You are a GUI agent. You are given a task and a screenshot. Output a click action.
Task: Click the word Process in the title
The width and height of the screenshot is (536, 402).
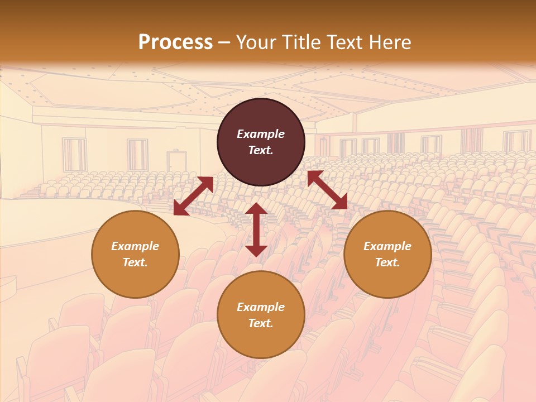pyautogui.click(x=175, y=42)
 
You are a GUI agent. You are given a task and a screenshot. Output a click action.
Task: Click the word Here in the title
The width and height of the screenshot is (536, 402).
pyautogui.click(x=390, y=42)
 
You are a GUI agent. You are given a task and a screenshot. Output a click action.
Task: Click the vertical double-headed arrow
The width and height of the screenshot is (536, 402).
pyautogui.click(x=256, y=229)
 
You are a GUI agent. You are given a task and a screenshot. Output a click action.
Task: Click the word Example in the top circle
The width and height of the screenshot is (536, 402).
pyautogui.click(x=261, y=134)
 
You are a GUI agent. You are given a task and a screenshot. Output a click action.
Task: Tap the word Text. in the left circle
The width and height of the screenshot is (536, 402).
pyautogui.click(x=135, y=262)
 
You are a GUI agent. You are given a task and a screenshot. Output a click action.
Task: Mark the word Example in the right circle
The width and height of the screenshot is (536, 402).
pyautogui.click(x=387, y=246)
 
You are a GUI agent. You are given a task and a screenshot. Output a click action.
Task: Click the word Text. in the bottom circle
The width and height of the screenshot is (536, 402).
pyautogui.click(x=261, y=323)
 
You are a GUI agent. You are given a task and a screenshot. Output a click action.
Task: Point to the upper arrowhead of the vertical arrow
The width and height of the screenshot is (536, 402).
pyautogui.click(x=256, y=209)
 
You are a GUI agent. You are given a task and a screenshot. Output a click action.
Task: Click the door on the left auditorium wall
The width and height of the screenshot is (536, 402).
pyautogui.click(x=176, y=161)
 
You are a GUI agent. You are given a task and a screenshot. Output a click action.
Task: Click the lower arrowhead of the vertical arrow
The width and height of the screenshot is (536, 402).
pyautogui.click(x=256, y=250)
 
